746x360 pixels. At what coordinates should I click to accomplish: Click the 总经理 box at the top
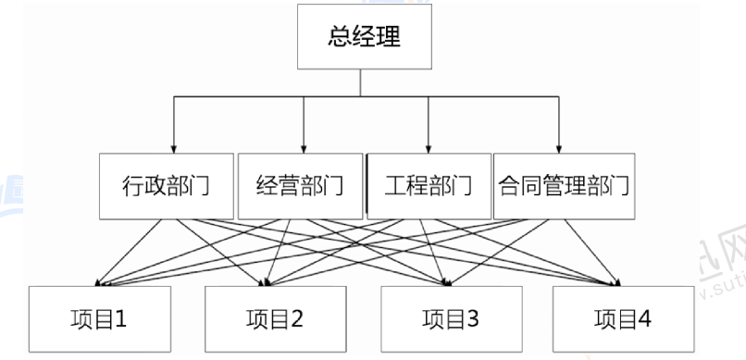click(x=366, y=37)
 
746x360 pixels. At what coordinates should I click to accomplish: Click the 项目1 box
click(x=100, y=320)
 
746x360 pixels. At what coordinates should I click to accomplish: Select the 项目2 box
click(x=275, y=320)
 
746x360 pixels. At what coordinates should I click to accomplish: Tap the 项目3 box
click(x=452, y=320)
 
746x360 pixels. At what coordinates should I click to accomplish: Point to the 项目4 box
click(x=624, y=320)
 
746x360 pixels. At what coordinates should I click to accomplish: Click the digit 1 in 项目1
click(x=120, y=320)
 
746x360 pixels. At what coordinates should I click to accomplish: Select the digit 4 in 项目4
click(x=644, y=320)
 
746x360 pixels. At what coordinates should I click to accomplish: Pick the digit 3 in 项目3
click(x=472, y=320)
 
